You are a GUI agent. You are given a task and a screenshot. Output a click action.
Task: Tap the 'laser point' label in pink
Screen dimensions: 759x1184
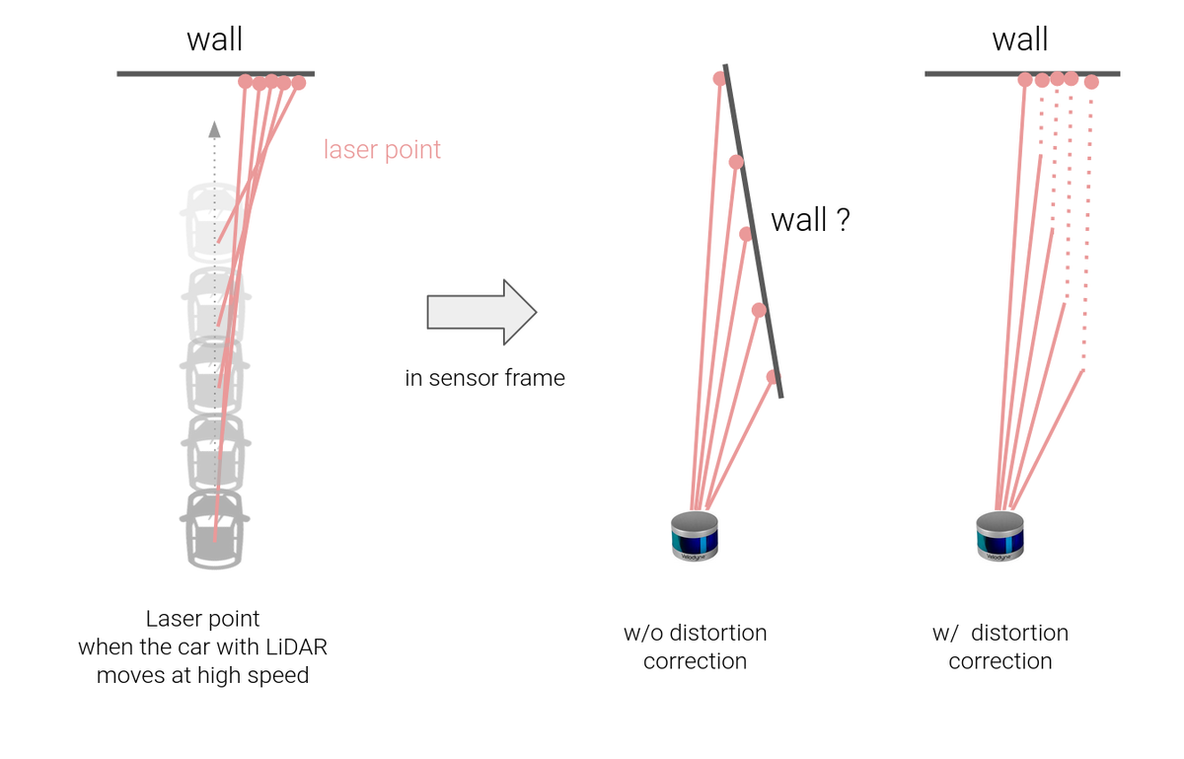[382, 150]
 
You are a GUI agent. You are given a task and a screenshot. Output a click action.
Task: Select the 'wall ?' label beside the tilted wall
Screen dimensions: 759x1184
[809, 220]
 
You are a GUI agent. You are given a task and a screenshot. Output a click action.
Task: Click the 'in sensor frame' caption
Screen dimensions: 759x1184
[484, 378]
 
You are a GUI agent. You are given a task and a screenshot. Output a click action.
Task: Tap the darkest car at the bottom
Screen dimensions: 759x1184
[214, 529]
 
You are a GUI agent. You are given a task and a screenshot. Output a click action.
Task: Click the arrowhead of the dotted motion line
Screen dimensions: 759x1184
[214, 127]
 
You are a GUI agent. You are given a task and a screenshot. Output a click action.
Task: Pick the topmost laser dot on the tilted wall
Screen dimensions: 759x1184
[720, 79]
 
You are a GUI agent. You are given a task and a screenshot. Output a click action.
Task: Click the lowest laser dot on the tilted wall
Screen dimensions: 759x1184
[773, 377]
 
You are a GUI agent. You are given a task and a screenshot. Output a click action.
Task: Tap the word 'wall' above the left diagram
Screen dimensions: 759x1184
[214, 39]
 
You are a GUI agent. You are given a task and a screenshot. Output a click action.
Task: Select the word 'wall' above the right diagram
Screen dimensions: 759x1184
[1019, 39]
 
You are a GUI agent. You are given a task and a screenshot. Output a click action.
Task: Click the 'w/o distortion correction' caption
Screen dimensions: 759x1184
[695, 646]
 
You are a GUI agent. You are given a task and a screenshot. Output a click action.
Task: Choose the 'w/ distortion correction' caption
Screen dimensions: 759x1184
[999, 646]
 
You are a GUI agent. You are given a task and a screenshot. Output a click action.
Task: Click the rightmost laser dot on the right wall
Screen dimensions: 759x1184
[1090, 82]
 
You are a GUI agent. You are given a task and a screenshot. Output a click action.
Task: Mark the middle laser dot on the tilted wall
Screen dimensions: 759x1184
[746, 234]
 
